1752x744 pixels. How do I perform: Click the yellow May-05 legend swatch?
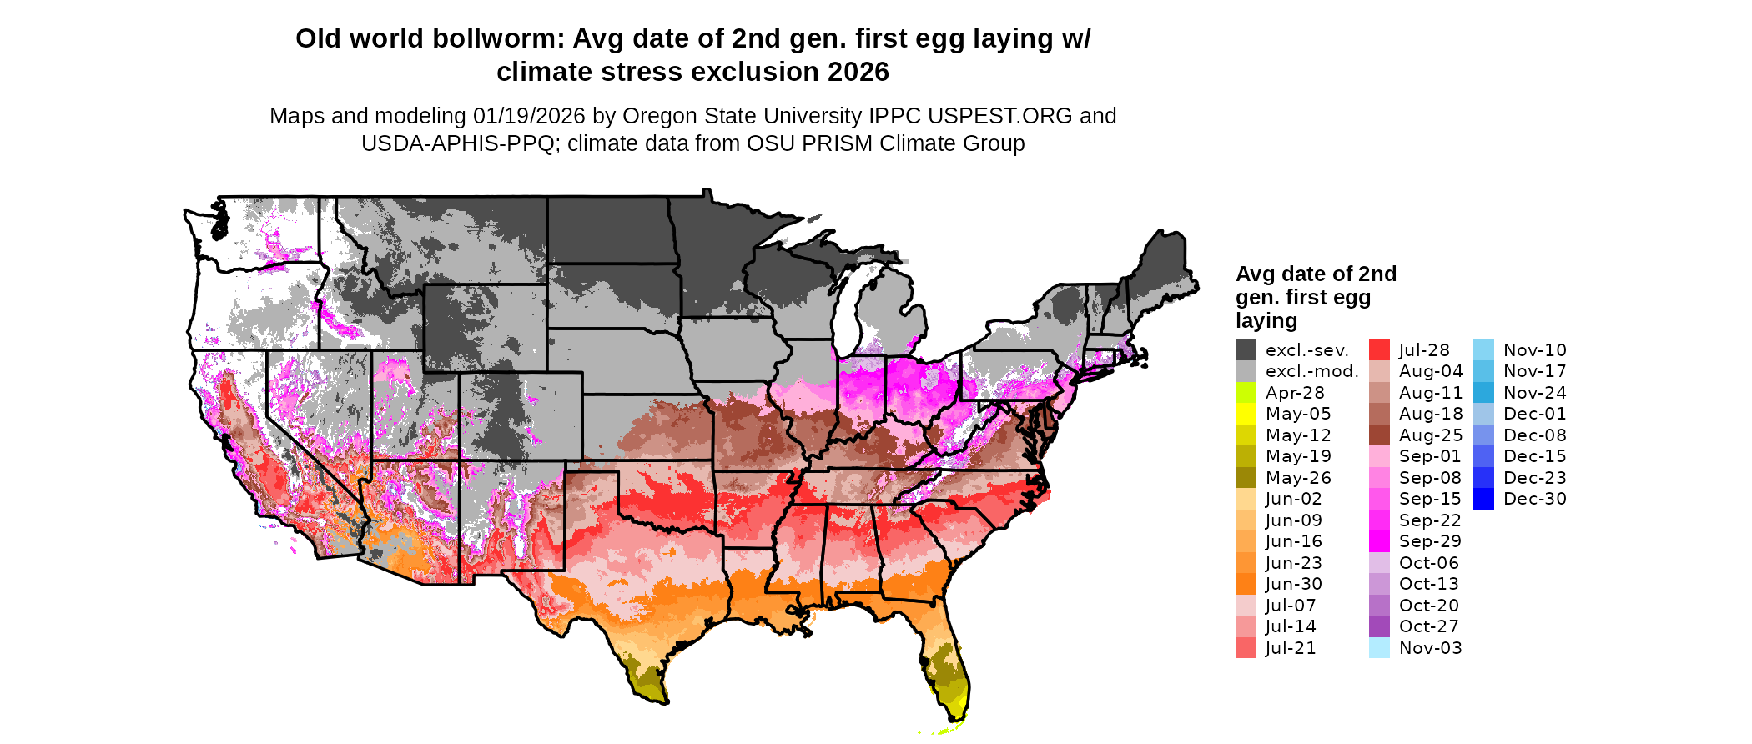1246,414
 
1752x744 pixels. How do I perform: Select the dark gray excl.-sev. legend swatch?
1246,350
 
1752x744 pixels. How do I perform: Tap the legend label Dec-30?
1535,499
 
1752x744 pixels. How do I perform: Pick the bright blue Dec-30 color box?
1483,499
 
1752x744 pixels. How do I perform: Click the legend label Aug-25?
1431,435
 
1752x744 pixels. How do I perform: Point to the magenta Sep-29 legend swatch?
1379,541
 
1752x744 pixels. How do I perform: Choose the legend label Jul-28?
1424,350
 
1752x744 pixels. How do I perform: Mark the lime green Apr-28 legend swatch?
1246,393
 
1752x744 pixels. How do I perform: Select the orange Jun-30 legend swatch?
1246,584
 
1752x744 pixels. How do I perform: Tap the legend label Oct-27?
1429,626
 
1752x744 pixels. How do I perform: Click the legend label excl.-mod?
1312,371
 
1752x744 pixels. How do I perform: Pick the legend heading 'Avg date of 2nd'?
1316,274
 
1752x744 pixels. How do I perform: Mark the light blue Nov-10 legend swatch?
1483,350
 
